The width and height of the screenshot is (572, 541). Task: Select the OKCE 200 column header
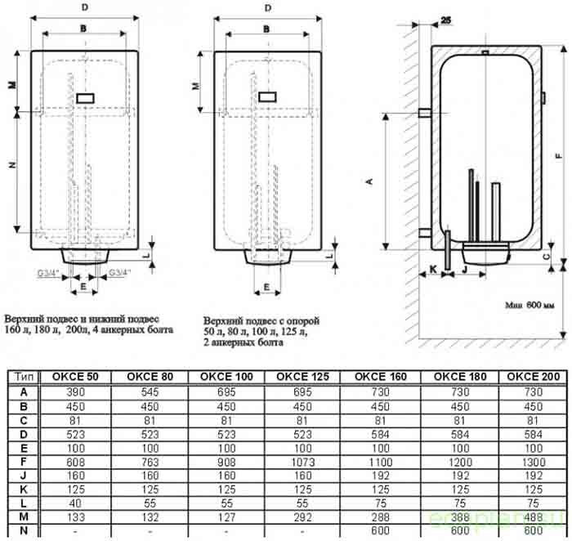(533, 377)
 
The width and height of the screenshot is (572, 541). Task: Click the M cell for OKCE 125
(302, 517)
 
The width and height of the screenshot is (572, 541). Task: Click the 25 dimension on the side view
(445, 18)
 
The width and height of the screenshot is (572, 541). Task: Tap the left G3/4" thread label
(47, 271)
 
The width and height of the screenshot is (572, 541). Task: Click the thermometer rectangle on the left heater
(84, 98)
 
